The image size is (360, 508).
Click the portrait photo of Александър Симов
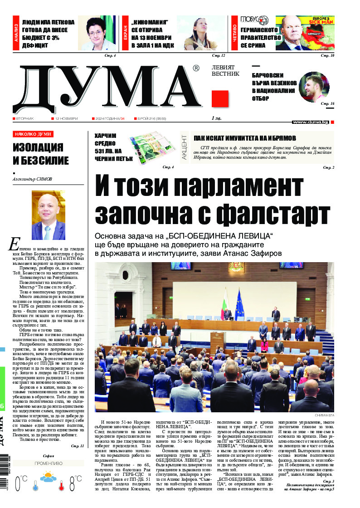click(x=49, y=215)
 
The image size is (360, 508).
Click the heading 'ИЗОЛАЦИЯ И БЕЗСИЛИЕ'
click(x=41, y=154)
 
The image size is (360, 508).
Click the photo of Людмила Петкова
click(x=97, y=33)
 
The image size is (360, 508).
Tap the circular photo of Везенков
click(x=314, y=87)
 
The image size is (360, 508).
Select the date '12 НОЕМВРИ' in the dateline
click(x=66, y=118)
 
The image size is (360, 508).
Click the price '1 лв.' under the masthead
click(x=216, y=118)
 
